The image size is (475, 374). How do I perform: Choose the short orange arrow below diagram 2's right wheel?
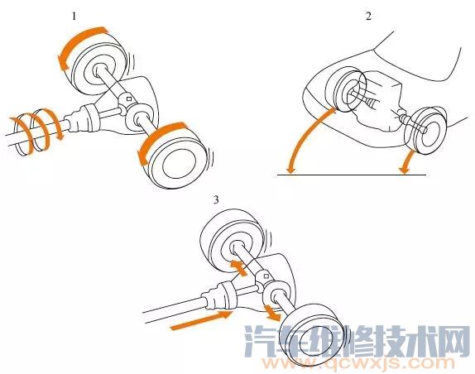point(410,157)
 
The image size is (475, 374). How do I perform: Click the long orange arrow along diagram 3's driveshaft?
point(200,320)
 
